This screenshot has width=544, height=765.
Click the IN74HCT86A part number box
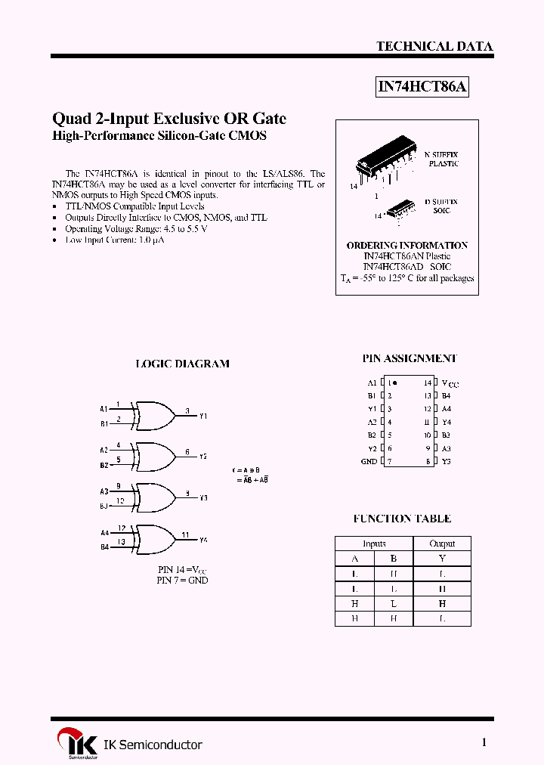(423, 87)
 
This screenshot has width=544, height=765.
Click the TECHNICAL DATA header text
(434, 46)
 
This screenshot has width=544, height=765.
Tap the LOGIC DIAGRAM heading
(182, 364)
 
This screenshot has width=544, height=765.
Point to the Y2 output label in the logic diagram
(203, 457)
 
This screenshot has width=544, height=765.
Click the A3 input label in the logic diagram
(104, 491)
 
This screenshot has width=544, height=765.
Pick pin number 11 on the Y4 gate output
(185, 534)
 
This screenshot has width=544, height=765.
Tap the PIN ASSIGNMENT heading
(410, 358)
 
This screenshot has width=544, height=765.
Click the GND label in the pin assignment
(369, 461)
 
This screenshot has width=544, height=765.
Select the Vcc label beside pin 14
(450, 384)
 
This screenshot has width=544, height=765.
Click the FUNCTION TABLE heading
(402, 519)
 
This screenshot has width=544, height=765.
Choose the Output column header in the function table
(442, 544)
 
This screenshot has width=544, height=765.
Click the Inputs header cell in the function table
(374, 544)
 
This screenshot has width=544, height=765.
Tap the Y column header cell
(442, 559)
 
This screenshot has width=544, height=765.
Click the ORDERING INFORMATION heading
(406, 246)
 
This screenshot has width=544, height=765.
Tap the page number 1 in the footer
(484, 742)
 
